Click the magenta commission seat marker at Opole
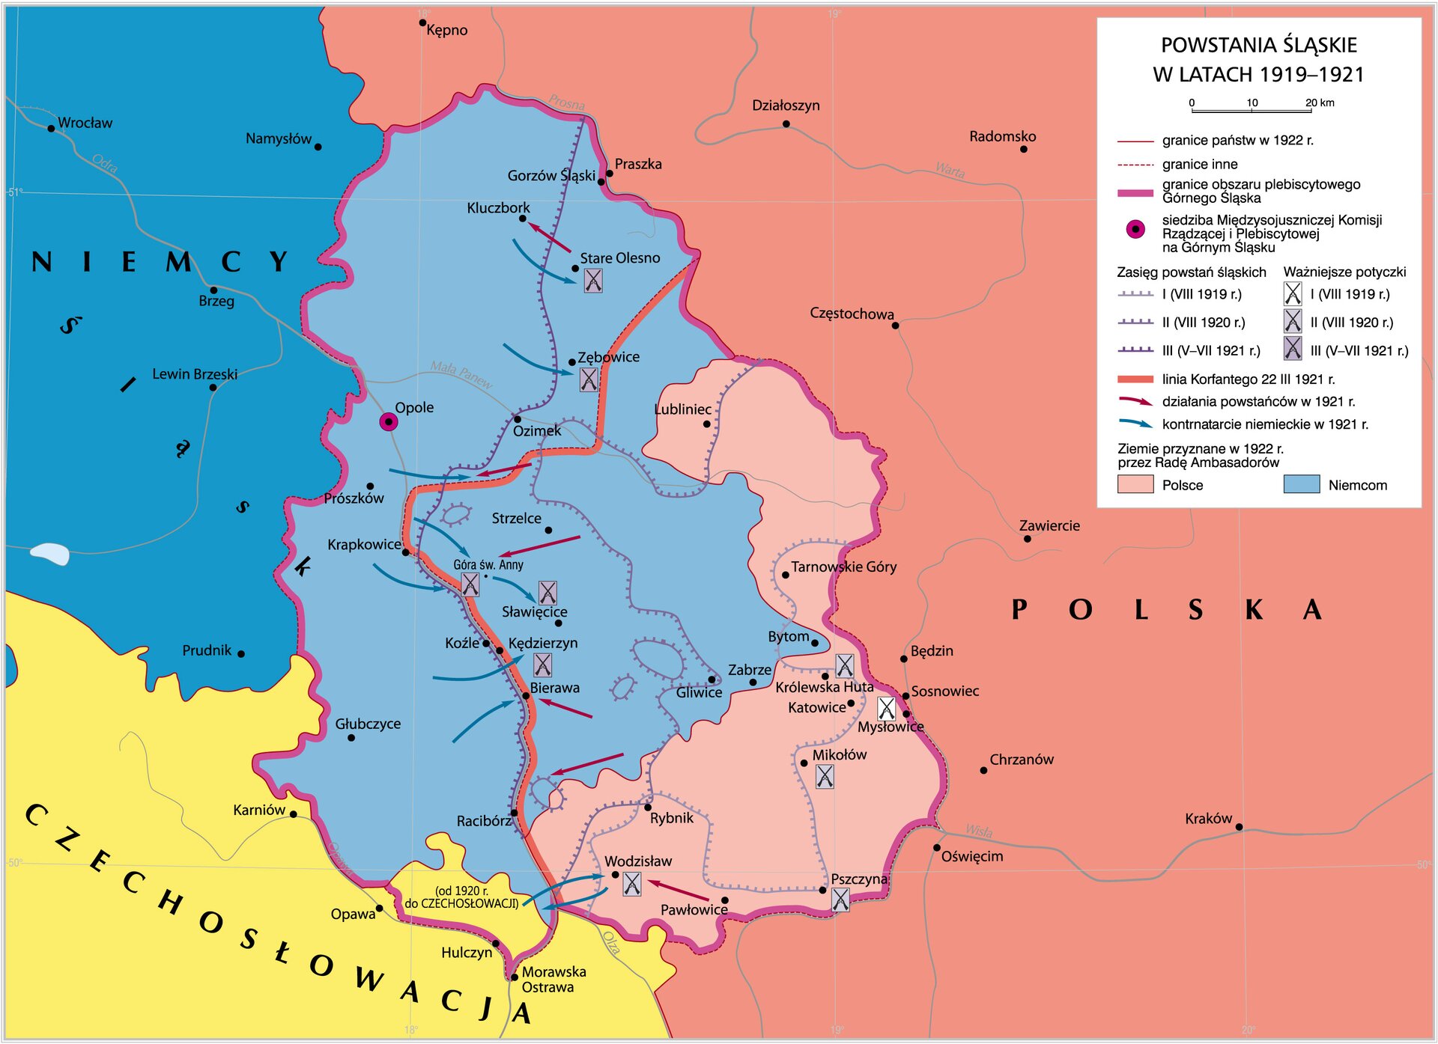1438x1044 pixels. tap(388, 422)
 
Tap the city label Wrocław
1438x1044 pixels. tap(85, 123)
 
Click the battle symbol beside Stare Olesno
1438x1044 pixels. tap(592, 281)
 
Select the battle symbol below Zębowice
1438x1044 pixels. tap(589, 380)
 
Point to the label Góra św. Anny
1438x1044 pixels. tap(488, 564)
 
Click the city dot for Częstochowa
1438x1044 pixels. tap(895, 326)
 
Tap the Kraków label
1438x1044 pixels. tap(1208, 819)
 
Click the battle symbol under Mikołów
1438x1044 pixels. tap(824, 777)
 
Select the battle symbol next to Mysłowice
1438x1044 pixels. tap(886, 708)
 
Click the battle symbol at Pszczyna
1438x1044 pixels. tap(840, 900)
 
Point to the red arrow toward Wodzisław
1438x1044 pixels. tap(678, 891)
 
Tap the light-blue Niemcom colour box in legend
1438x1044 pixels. tap(1301, 484)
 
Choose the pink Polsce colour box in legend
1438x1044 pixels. tap(1135, 484)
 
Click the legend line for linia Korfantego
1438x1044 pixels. tap(1135, 379)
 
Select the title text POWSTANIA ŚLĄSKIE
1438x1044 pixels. tap(1258, 45)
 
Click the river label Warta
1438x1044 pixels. tap(950, 171)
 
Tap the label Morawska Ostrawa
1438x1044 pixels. tap(553, 979)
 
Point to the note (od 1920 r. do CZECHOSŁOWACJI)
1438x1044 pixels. tap(461, 897)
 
